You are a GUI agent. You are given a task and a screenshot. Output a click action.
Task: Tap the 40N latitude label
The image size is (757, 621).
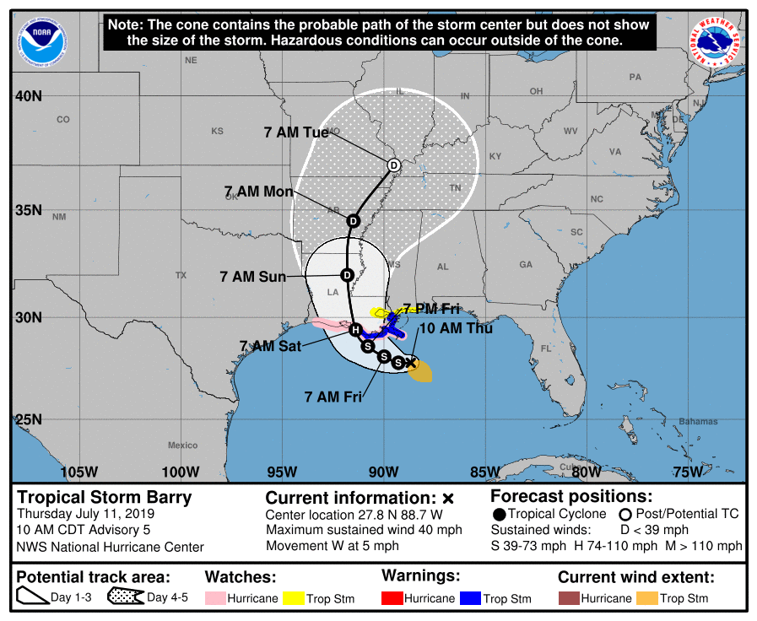[29, 96]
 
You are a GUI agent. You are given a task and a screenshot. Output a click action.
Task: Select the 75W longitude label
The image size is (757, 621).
[687, 472]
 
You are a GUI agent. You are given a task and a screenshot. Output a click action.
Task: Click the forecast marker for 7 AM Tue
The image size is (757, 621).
[393, 165]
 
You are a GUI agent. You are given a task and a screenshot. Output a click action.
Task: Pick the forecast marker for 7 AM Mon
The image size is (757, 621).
[353, 220]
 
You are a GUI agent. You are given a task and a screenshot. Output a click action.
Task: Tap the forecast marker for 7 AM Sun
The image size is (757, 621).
[347, 275]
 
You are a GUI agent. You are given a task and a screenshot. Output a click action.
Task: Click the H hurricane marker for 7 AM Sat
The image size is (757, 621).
[355, 329]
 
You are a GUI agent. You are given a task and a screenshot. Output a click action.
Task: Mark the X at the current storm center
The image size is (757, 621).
[412, 363]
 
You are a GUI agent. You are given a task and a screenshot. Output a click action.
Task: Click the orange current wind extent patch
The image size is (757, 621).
[421, 372]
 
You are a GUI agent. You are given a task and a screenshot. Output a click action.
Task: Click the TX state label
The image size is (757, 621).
[181, 276]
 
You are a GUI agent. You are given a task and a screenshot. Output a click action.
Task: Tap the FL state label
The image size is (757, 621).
[546, 348]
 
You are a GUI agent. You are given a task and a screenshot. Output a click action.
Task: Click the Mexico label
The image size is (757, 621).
[182, 445]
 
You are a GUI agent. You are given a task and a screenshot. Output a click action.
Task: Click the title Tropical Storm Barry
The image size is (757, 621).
[105, 497]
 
